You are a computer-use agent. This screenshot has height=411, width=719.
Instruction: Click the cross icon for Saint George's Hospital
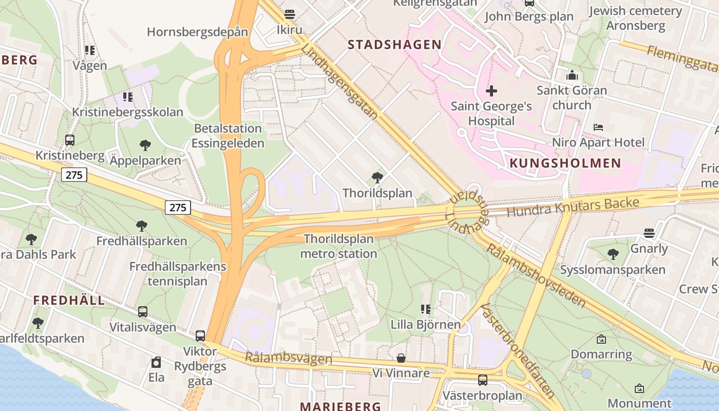[x=491, y=91]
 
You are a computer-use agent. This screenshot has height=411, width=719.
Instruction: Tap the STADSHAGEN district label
[x=394, y=45]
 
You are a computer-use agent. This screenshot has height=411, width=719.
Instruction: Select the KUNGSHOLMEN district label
[x=565, y=163]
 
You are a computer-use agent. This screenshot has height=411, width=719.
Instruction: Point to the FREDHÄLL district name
[x=69, y=300]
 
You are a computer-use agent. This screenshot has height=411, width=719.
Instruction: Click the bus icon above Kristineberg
[x=70, y=140]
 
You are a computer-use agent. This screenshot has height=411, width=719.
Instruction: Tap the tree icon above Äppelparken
[x=145, y=145]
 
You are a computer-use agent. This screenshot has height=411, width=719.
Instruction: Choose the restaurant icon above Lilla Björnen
[x=425, y=309]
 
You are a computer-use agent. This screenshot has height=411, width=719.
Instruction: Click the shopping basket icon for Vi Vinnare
[x=401, y=358]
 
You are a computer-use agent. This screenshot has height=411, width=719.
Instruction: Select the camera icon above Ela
[x=156, y=362]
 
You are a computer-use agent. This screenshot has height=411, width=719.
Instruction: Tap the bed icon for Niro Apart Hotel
[x=598, y=127]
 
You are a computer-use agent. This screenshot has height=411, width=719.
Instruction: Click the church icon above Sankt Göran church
[x=572, y=76]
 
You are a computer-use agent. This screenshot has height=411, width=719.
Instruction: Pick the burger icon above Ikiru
[x=290, y=14]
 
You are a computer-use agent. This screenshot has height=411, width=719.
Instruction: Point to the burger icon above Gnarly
[x=649, y=233]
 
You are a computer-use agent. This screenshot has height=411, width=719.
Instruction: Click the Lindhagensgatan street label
[x=339, y=82]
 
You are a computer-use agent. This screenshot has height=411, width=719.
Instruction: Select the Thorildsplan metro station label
[x=338, y=246]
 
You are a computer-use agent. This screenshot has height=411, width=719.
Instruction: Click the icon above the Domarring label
[x=601, y=339]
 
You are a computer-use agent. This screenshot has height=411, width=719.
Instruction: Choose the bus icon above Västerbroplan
[x=483, y=380]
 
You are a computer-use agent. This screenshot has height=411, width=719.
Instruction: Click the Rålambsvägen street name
[x=288, y=358]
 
